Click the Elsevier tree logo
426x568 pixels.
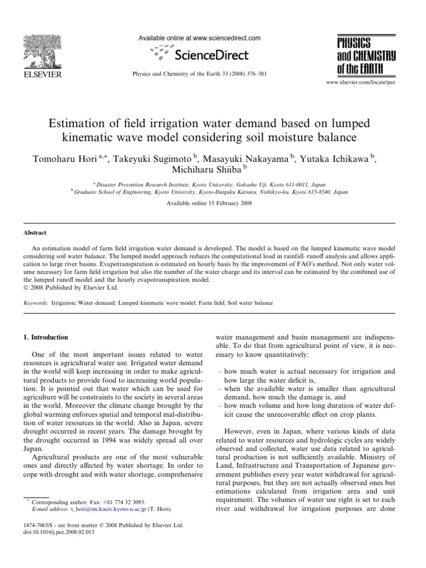(x=43, y=51)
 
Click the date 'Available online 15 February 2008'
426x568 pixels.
(x=213, y=204)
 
